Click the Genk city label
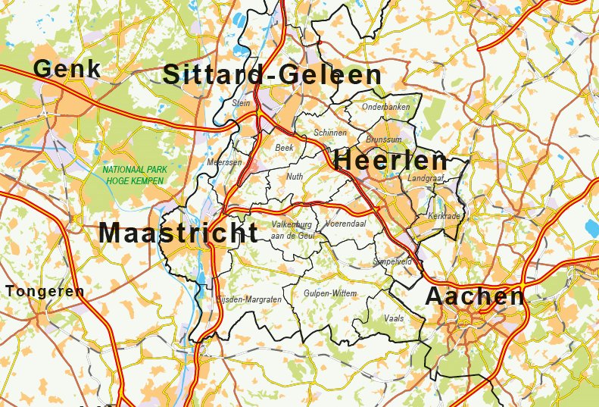tap(67, 69)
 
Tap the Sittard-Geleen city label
tap(272, 75)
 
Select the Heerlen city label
tap(390, 161)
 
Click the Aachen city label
tap(475, 296)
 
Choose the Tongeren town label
tap(45, 291)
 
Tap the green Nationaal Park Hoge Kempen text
tap(133, 176)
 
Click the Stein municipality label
tap(242, 102)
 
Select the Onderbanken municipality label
tap(386, 107)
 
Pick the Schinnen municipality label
tap(329, 133)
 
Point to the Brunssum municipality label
tap(383, 140)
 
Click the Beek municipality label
tap(284, 148)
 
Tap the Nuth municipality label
tap(295, 177)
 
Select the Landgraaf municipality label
tap(425, 178)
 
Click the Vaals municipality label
tap(394, 318)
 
